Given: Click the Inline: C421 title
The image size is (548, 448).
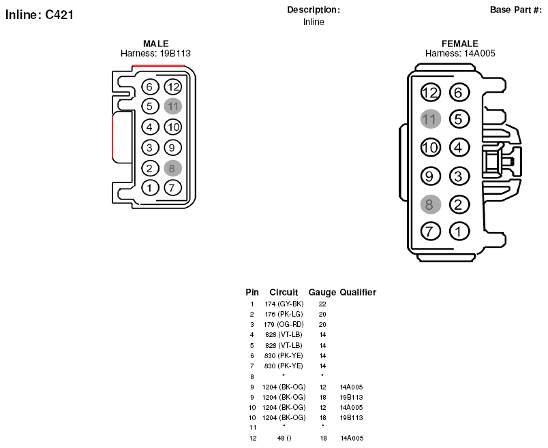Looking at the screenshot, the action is pos(40,15).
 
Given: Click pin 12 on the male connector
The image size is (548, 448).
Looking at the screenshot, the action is pos(173,86).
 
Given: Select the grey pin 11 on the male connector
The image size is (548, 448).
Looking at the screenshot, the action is pos(173,106).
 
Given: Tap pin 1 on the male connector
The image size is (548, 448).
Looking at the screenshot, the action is pos(150,188).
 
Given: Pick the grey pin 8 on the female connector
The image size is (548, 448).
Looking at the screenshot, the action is pos(430,205).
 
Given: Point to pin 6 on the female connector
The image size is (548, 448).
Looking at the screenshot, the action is pos(459,93).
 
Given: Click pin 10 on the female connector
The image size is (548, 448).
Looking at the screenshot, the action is pos(430,147).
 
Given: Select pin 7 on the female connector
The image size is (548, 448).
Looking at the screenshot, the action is pos(430,231).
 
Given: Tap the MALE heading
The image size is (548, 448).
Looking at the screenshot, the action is pos(156,44).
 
